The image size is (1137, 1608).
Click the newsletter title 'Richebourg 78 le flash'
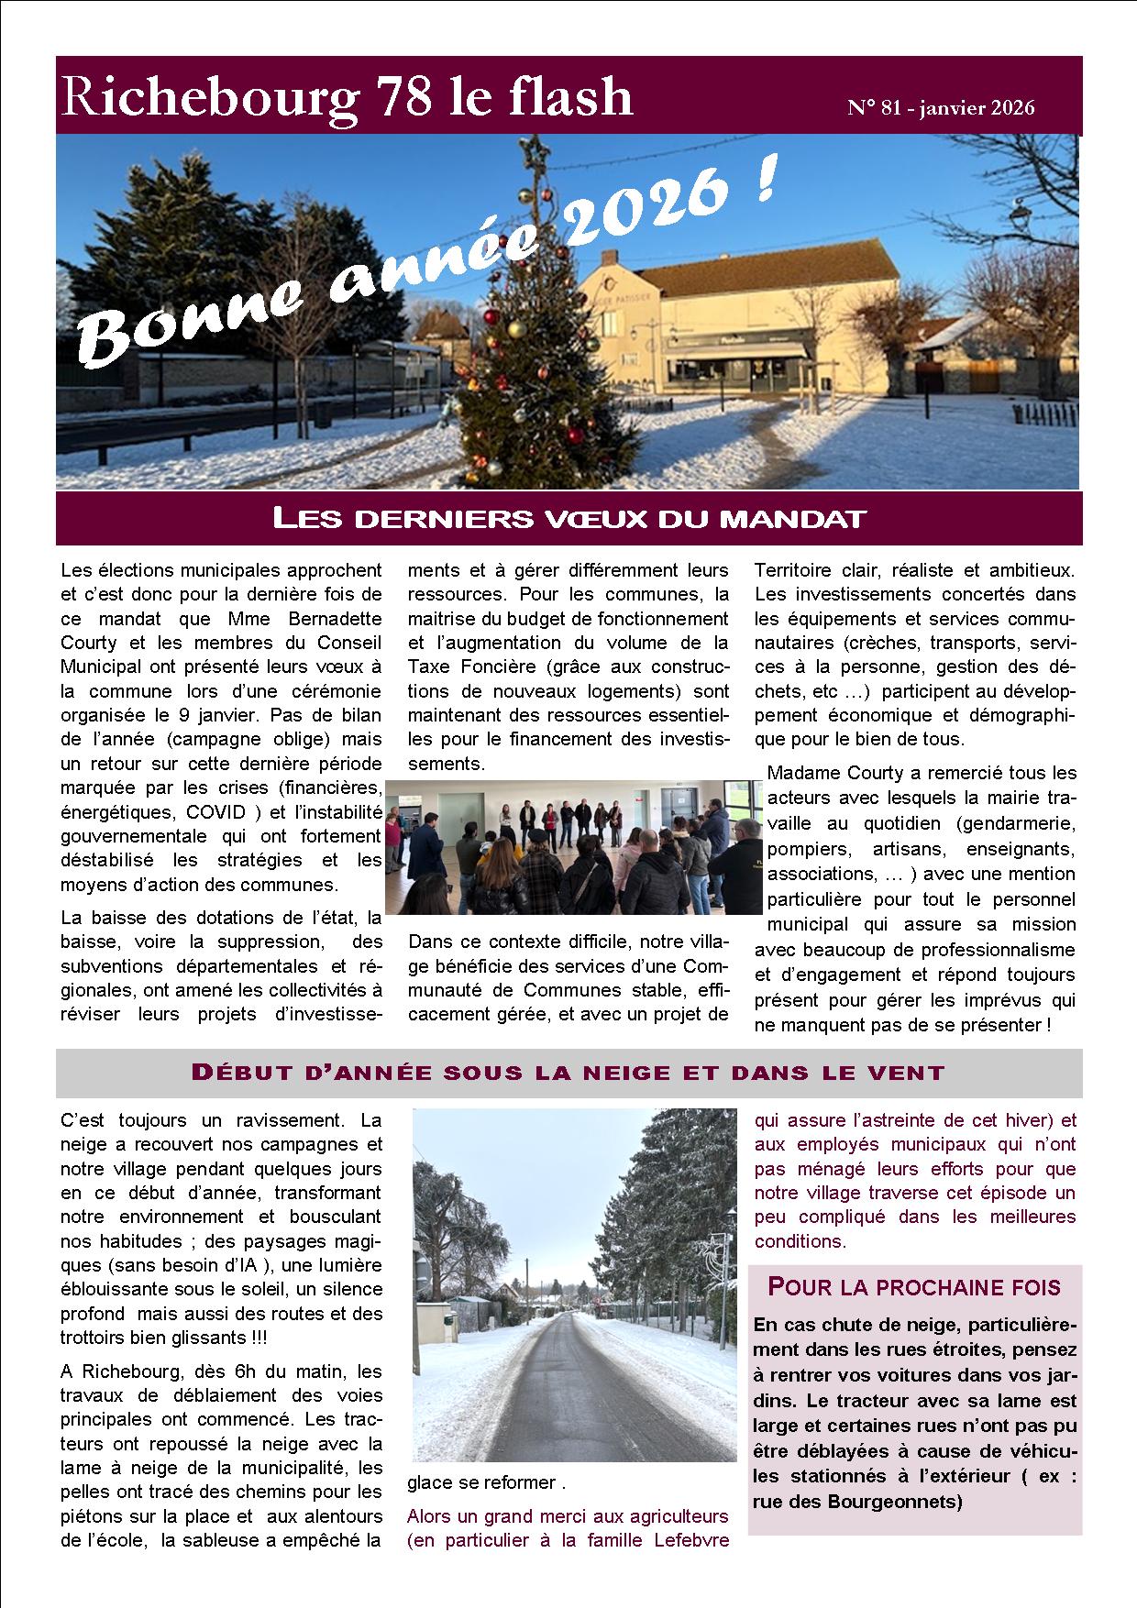[347, 98]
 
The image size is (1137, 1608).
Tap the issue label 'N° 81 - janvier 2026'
[941, 108]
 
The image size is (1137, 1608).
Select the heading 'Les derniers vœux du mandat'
[568, 519]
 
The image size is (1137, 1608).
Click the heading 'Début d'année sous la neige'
[567, 1073]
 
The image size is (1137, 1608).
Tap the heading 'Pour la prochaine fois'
[913, 1287]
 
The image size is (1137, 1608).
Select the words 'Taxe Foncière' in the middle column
[462, 666]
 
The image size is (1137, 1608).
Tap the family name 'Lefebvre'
[691, 1540]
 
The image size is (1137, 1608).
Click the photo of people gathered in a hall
[574, 846]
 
